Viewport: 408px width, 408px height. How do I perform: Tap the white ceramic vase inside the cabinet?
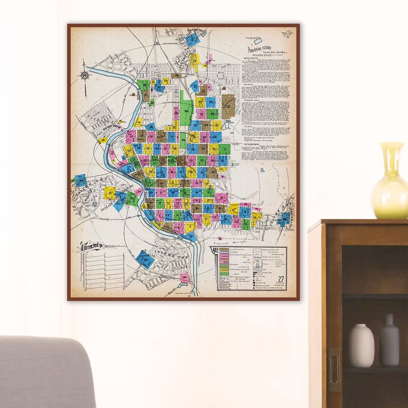pyautogui.click(x=361, y=345)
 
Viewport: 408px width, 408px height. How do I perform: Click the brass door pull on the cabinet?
pyautogui.click(x=334, y=369)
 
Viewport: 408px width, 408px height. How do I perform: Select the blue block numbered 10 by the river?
pyautogui.click(x=191, y=237)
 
